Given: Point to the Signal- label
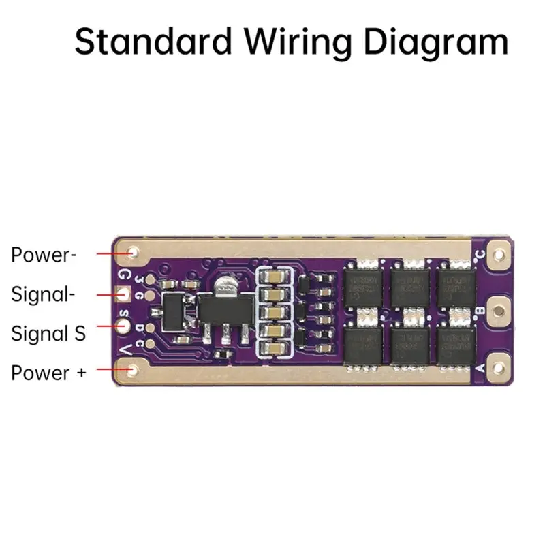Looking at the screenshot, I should [x=42, y=295].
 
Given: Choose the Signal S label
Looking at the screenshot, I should [x=48, y=334].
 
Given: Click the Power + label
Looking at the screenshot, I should [x=48, y=373].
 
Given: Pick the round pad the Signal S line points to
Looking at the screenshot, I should [x=124, y=325].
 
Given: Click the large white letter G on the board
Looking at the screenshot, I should [x=125, y=275].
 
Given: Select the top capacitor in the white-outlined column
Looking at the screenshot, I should [x=273, y=278].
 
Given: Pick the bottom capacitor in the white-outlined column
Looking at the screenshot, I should [x=273, y=347].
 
